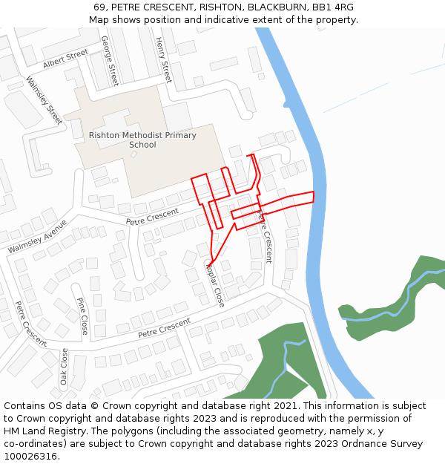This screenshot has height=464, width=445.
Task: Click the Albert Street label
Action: (x=65, y=59)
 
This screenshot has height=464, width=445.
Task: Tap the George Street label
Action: (x=110, y=60)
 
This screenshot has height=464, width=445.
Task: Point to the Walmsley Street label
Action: (x=44, y=100)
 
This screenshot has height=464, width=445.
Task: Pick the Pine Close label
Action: (x=82, y=316)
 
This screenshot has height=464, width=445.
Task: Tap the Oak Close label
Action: (x=65, y=366)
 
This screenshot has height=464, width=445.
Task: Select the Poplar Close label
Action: (x=214, y=284)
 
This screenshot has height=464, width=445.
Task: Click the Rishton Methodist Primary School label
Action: (x=142, y=140)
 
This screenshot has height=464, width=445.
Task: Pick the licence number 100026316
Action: (x=30, y=457)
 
